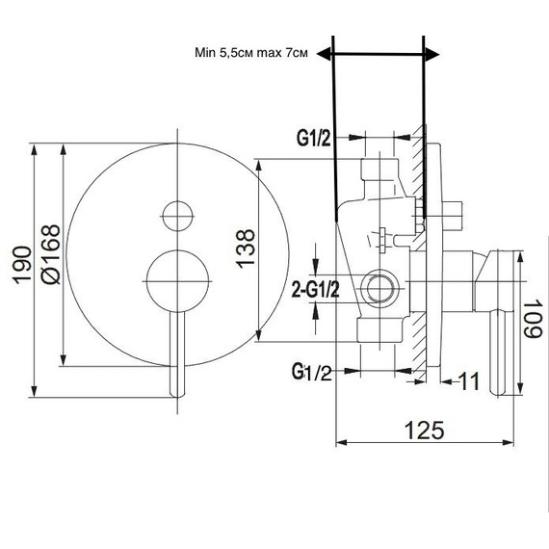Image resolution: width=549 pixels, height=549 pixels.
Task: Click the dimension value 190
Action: tap(22, 265)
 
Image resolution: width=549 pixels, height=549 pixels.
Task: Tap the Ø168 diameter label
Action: tap(51, 254)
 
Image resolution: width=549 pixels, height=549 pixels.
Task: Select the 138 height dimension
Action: tap(245, 248)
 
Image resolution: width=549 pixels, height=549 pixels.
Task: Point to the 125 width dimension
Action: tap(425, 430)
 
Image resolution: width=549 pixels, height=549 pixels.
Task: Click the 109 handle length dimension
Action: tap(533, 318)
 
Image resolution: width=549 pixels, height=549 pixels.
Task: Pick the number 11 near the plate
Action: tap(469, 381)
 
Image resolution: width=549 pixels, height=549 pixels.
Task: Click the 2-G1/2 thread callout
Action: tap(316, 290)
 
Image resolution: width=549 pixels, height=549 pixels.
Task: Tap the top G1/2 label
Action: tap(314, 139)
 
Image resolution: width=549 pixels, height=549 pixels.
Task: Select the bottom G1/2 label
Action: tap(312, 372)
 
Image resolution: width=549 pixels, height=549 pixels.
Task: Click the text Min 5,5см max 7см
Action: tap(251, 53)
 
